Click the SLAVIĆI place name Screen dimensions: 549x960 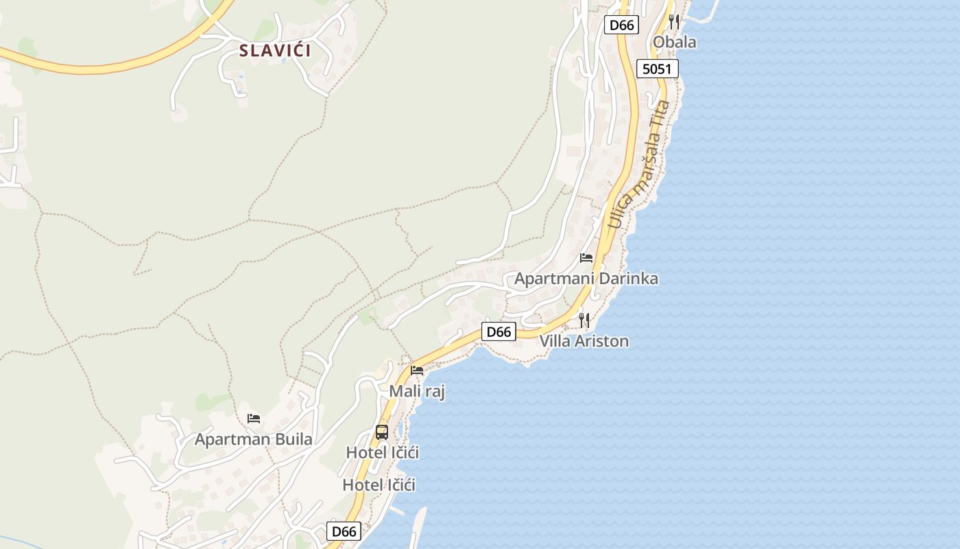[x=275, y=50]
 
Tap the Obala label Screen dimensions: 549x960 [x=674, y=42]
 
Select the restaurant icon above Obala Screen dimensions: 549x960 [x=674, y=22]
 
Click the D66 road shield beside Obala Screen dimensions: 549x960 [x=622, y=25]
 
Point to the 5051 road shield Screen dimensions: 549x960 [x=657, y=69]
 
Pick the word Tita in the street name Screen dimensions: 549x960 [x=661, y=114]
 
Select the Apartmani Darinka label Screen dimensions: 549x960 [x=586, y=278]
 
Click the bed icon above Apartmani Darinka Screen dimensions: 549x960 [x=586, y=258]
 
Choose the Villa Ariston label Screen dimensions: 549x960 [x=584, y=340]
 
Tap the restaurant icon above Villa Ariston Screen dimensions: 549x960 [x=584, y=320]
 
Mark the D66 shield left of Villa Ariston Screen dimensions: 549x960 [x=499, y=332]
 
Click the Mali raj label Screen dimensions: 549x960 [x=417, y=391]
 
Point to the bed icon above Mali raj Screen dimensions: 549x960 [x=417, y=371]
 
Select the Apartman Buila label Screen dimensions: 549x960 [x=254, y=439]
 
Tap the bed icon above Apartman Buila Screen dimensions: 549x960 [x=254, y=418]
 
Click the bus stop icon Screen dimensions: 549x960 [x=382, y=432]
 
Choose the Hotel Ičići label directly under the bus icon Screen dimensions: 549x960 [x=383, y=453]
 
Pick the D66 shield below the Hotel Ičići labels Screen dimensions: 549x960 [x=344, y=531]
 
